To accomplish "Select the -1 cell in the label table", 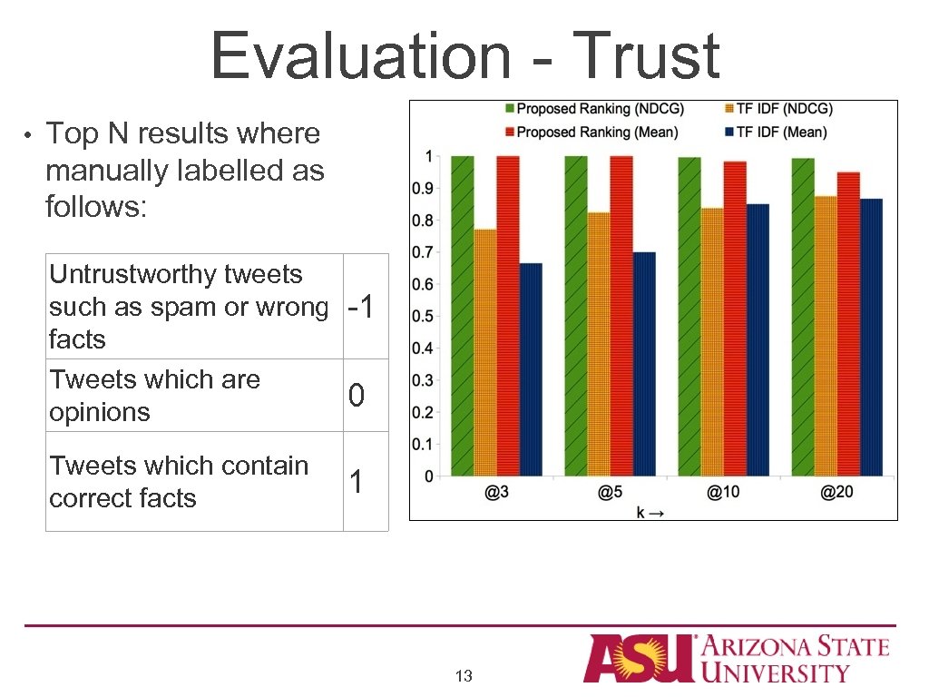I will coord(366,308).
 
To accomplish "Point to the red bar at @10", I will coord(735,319).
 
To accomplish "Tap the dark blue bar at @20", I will coord(871,337).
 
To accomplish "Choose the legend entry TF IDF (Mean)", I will coord(781,133).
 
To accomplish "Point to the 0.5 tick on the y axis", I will coord(422,317).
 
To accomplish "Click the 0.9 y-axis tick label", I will coord(422,189).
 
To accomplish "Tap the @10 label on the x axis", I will coord(723,493).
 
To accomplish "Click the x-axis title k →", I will coord(650,513).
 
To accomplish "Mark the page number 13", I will coord(464,676).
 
